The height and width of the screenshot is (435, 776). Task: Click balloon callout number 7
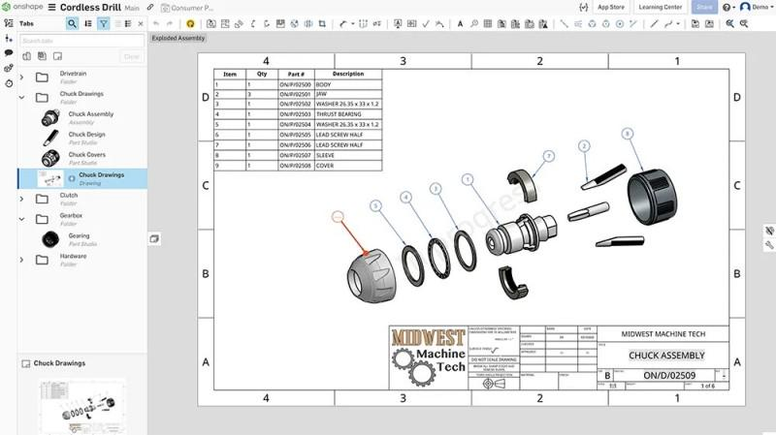548,156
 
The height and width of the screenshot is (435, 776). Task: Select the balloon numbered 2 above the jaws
584,145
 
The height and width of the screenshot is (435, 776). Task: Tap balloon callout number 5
376,205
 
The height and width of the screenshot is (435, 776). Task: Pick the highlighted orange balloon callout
338,217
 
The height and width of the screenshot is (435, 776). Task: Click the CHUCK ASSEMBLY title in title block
664,356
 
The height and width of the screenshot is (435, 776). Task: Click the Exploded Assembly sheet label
178,38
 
